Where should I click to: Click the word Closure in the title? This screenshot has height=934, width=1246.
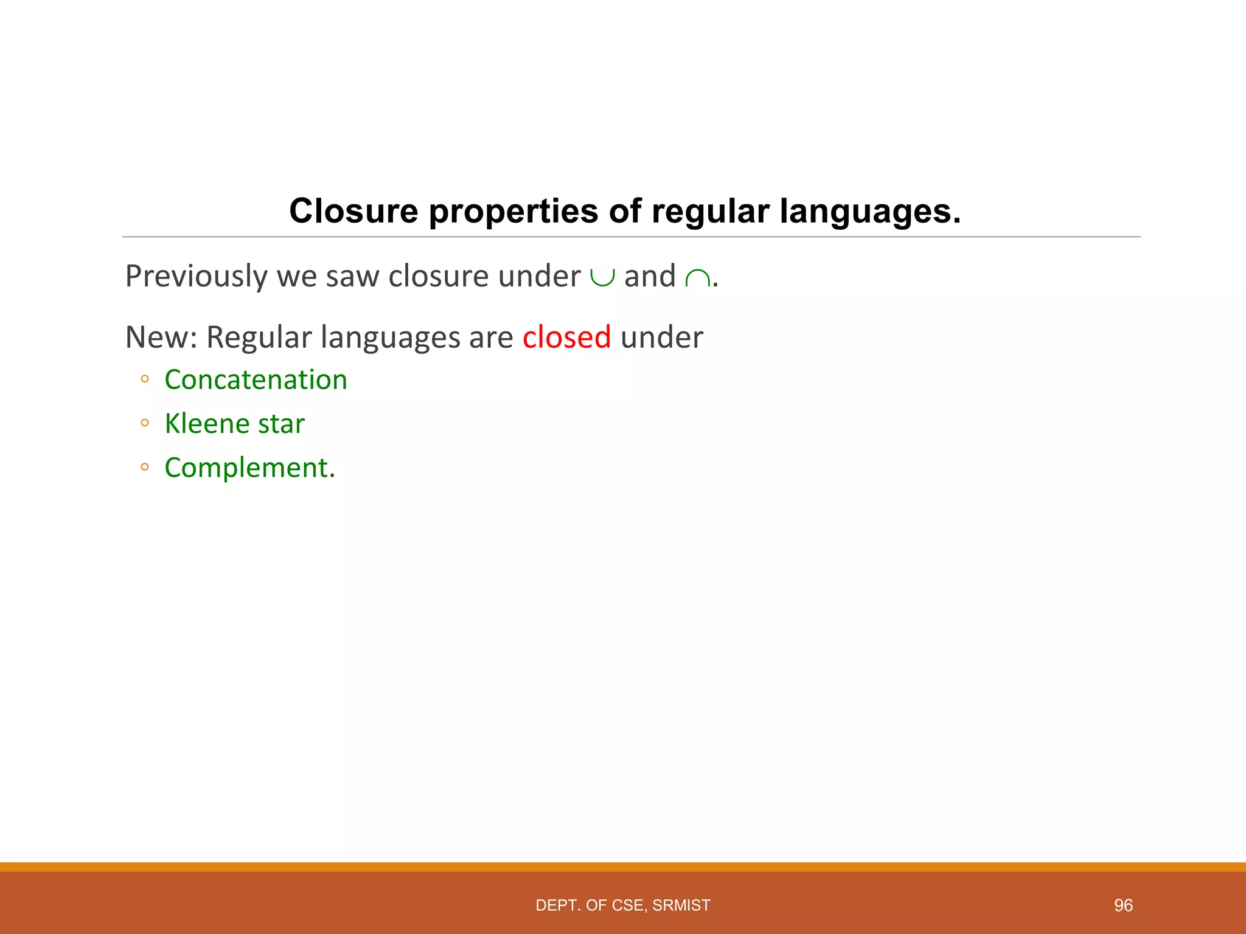(x=353, y=211)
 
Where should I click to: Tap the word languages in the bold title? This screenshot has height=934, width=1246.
(x=869, y=212)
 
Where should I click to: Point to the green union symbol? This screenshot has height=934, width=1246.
(x=602, y=278)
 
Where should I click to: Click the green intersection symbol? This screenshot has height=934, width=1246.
(x=697, y=278)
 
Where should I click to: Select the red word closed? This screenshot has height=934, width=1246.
(x=566, y=337)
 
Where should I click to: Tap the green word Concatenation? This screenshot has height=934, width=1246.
(x=256, y=380)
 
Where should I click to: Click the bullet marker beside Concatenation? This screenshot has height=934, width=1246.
(x=145, y=379)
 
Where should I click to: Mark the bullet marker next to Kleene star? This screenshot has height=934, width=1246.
(x=145, y=423)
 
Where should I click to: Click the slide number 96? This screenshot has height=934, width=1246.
(x=1123, y=905)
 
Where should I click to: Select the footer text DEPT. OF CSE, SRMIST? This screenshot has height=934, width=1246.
(x=622, y=905)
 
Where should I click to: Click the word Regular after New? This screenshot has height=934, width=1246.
(x=259, y=338)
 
